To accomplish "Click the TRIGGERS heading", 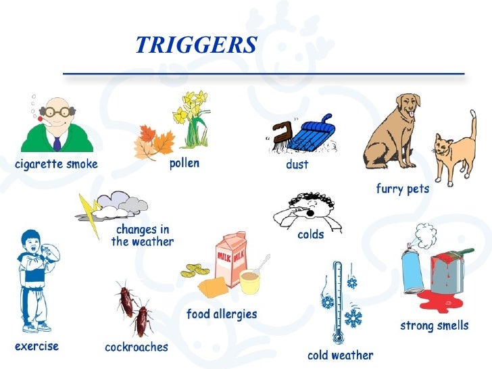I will tap(196, 45).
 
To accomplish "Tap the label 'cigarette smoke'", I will tap(56, 164).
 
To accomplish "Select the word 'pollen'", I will tap(184, 164).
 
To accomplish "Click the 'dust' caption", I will tap(297, 164).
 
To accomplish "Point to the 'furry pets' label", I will tap(402, 189).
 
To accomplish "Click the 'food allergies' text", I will tap(222, 314).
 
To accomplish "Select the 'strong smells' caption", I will tap(434, 326).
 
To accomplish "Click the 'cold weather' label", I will tap(340, 355).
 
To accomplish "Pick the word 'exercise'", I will tap(36, 347).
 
